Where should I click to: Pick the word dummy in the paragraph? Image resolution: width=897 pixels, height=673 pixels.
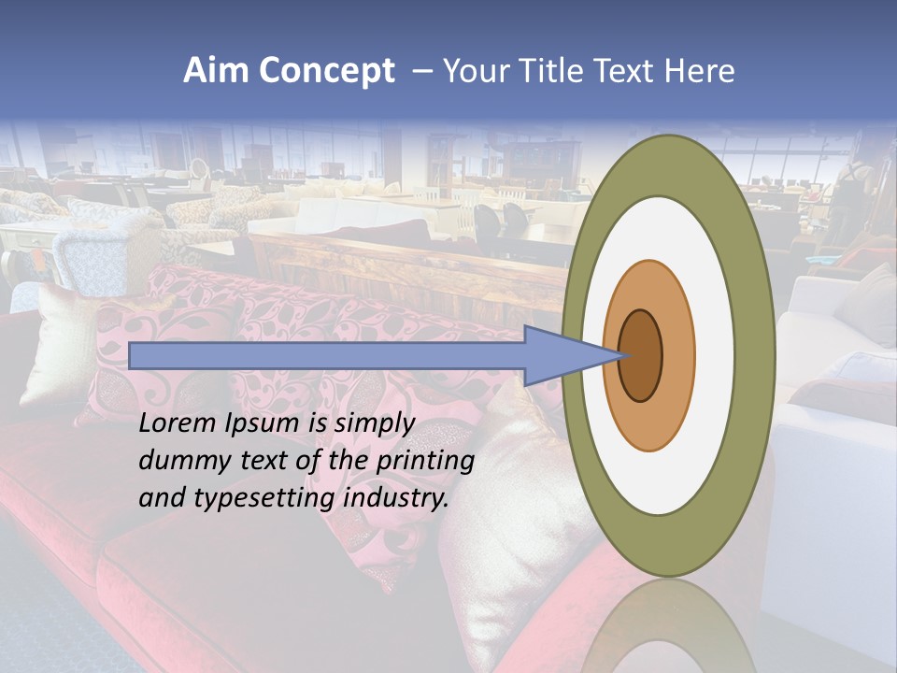click(182, 461)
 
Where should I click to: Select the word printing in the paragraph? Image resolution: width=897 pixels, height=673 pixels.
click(424, 462)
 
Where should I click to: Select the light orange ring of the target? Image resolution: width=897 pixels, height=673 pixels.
click(678, 356)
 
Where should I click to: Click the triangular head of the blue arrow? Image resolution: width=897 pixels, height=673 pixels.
click(561, 356)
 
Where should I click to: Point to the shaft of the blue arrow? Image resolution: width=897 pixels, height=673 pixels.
click(327, 356)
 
